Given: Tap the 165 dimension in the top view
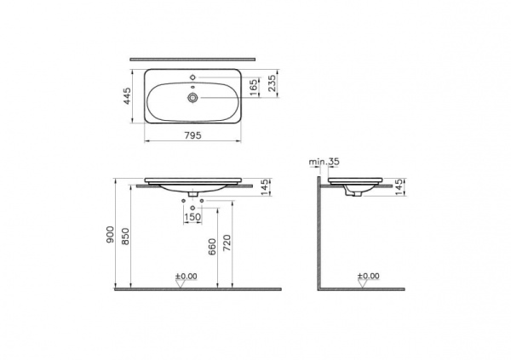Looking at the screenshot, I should click(x=254, y=87).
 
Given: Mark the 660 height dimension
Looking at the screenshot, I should click(x=211, y=247).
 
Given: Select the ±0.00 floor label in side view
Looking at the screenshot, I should click(x=367, y=277).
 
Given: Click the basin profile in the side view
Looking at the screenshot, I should click(x=357, y=187).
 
